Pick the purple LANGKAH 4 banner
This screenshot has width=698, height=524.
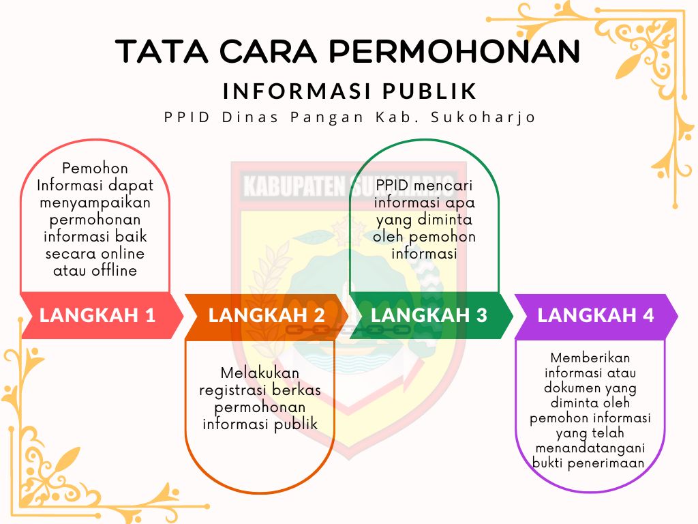click(x=596, y=315)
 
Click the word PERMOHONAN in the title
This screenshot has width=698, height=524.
click(x=455, y=50)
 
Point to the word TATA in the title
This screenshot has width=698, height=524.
click(x=162, y=50)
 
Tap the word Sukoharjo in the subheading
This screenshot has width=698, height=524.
click(x=483, y=117)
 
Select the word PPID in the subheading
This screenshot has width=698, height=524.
click(x=187, y=117)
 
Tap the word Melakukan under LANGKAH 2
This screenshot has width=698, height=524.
click(x=260, y=373)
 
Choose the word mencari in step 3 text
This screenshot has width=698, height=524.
click(x=443, y=186)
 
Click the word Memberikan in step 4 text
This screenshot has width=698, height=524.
click(x=590, y=358)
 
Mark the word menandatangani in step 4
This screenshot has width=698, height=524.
click(x=590, y=448)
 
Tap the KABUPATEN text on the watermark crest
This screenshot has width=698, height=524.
click(x=294, y=186)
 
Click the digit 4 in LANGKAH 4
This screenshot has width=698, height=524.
click(x=648, y=315)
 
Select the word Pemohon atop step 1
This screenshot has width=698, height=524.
click(x=95, y=169)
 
